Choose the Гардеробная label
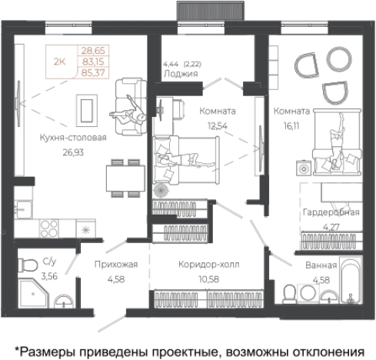pyautogui.click(x=329, y=212)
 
